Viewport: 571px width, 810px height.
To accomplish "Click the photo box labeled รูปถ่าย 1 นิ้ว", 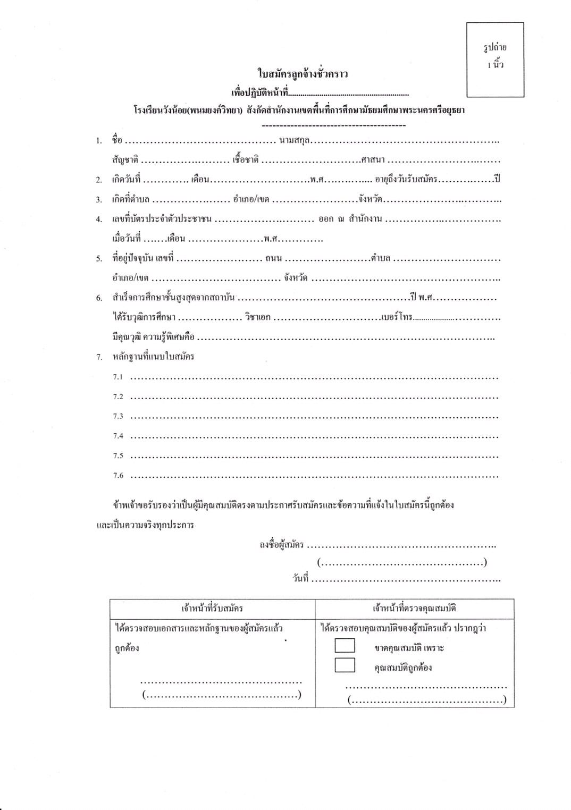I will (x=495, y=60).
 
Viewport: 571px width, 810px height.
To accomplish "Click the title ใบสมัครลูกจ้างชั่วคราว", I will (x=303, y=74).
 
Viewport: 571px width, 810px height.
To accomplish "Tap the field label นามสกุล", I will (x=295, y=140).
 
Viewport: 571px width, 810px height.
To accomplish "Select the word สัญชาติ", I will (x=125, y=159).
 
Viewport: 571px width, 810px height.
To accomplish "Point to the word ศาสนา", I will (x=373, y=159).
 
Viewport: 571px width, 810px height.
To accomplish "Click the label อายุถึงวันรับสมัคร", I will (x=406, y=179).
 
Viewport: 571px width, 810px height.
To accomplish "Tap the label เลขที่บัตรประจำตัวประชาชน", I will (x=162, y=219).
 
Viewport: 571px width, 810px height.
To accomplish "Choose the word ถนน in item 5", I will (x=273, y=258).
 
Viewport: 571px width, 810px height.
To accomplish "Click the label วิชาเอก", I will (x=258, y=317).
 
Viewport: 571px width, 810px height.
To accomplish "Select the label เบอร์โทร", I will (x=397, y=317).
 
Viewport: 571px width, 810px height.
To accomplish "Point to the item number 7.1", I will (x=118, y=377).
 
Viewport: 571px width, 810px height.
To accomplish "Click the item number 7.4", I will (x=118, y=436).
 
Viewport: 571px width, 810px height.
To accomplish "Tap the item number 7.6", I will (x=118, y=476).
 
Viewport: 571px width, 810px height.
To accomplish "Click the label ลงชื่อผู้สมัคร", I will (x=281, y=544).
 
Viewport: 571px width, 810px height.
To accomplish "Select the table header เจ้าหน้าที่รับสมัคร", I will (x=212, y=608).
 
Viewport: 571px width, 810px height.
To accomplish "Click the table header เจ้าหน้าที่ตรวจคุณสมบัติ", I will (x=414, y=608).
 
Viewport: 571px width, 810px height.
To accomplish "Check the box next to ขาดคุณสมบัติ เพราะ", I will (x=345, y=645).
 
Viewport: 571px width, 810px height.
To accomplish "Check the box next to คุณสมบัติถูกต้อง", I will (x=345, y=665).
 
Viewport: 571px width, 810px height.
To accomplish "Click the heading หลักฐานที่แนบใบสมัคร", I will (x=153, y=357).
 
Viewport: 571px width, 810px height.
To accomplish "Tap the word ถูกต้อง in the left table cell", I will (x=127, y=648).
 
